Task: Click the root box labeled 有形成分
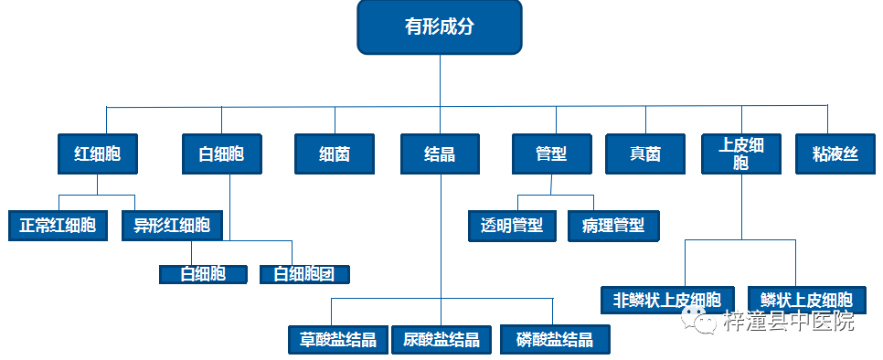point(439,26)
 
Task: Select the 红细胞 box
point(97,154)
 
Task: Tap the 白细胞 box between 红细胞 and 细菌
point(221,154)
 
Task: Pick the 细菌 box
point(335,154)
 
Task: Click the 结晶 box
point(440,154)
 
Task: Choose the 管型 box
point(551,154)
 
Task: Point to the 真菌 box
point(645,154)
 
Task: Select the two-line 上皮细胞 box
point(740,154)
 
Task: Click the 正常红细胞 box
point(58,225)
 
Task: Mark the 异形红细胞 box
point(172,225)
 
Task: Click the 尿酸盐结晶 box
point(441,339)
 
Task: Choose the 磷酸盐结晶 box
point(555,339)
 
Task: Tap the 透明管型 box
point(512,225)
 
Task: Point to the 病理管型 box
point(612,225)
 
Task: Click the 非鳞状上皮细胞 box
point(667,300)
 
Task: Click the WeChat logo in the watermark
point(704,322)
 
